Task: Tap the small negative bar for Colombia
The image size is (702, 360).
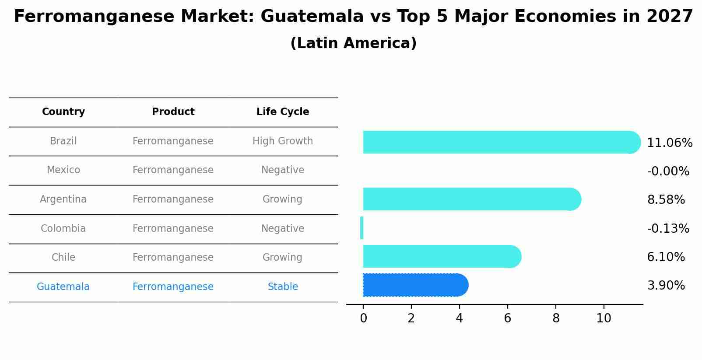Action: (x=362, y=228)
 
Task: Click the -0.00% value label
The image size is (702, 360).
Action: (x=668, y=171)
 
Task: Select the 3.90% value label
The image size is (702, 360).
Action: (x=666, y=286)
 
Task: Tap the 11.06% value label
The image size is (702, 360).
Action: (x=669, y=143)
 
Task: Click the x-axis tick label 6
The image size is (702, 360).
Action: (x=507, y=318)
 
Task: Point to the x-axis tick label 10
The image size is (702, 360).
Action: (x=604, y=318)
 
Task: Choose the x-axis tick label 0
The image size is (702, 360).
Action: (x=363, y=318)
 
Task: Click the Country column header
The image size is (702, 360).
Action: (x=63, y=112)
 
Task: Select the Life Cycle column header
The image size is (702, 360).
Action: (x=283, y=112)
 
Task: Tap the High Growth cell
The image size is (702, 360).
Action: (x=283, y=141)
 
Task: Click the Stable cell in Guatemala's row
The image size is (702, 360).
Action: (x=283, y=287)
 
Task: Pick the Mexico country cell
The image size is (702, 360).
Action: (x=63, y=170)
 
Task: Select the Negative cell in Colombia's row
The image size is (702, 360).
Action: (x=283, y=228)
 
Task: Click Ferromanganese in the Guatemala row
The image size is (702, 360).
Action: (x=173, y=287)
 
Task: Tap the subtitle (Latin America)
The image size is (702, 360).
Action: (x=353, y=43)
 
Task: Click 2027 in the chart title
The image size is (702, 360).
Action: (x=669, y=17)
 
